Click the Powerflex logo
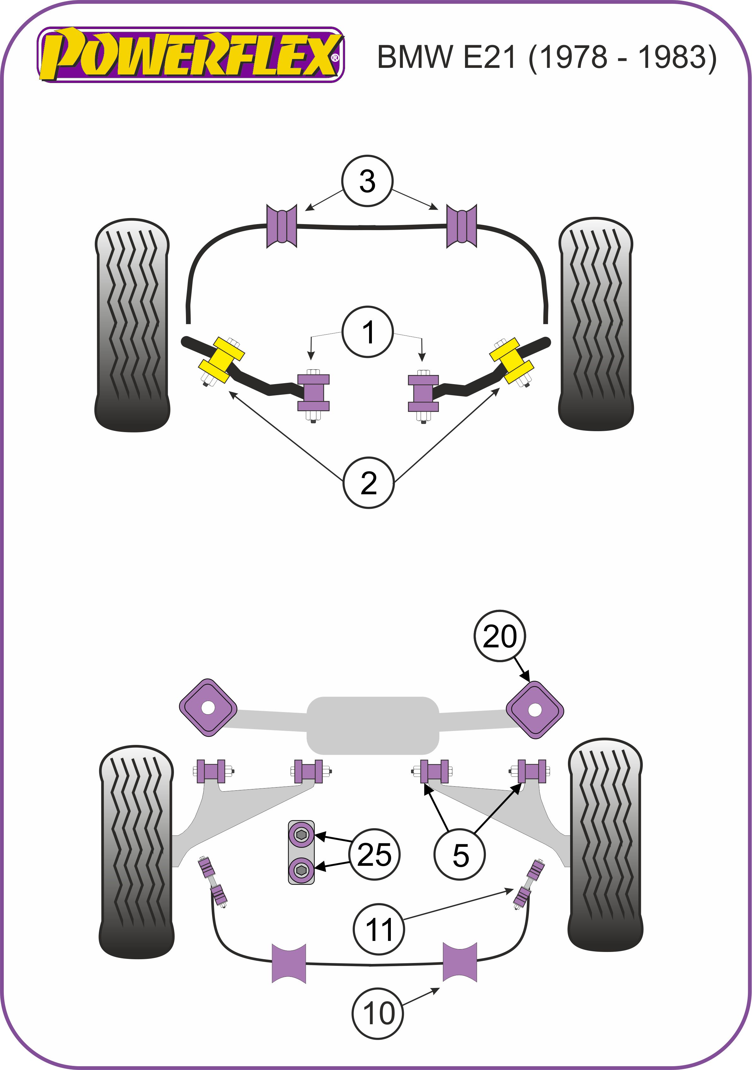190,55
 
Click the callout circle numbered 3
367,181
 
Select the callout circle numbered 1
368,332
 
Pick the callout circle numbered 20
500,636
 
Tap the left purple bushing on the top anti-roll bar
282,226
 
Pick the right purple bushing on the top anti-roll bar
462,226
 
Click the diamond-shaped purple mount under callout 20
535,710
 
